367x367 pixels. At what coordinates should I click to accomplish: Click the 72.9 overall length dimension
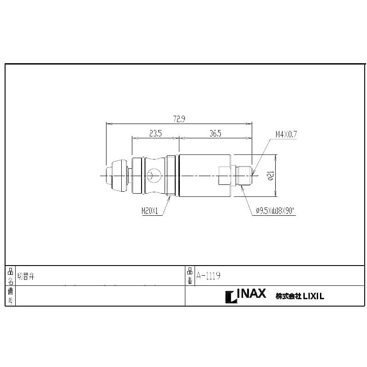coord(179,119)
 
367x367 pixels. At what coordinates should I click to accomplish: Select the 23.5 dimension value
coord(155,134)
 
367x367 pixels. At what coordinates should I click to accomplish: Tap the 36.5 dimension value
coord(215,134)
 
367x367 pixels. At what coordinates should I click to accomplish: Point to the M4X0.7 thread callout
coord(286,134)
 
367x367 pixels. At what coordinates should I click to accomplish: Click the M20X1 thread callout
coord(150,211)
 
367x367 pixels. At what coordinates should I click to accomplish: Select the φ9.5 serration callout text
coord(275,211)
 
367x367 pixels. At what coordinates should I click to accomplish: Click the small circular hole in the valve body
coord(152,175)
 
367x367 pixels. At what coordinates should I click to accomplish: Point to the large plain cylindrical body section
coord(198,175)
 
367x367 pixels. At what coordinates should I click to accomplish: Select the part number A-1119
coord(208,276)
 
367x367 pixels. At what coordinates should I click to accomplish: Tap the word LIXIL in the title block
coord(313,296)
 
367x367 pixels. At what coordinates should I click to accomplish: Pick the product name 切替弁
coord(26,276)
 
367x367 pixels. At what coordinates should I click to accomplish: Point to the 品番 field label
coord(190,276)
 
